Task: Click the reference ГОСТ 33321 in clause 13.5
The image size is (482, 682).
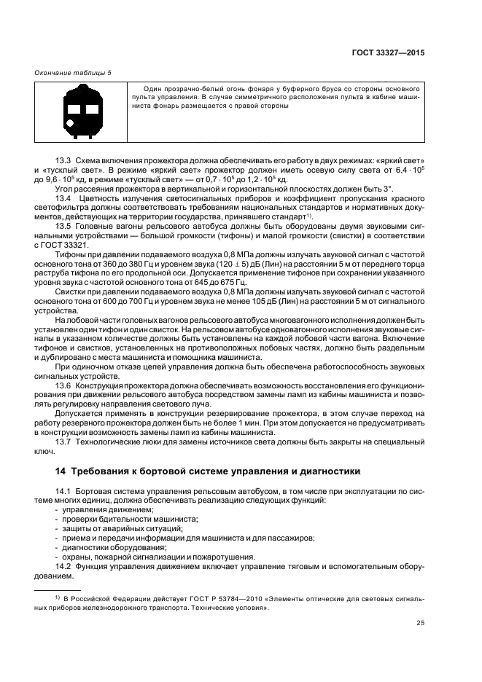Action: click(71, 245)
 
